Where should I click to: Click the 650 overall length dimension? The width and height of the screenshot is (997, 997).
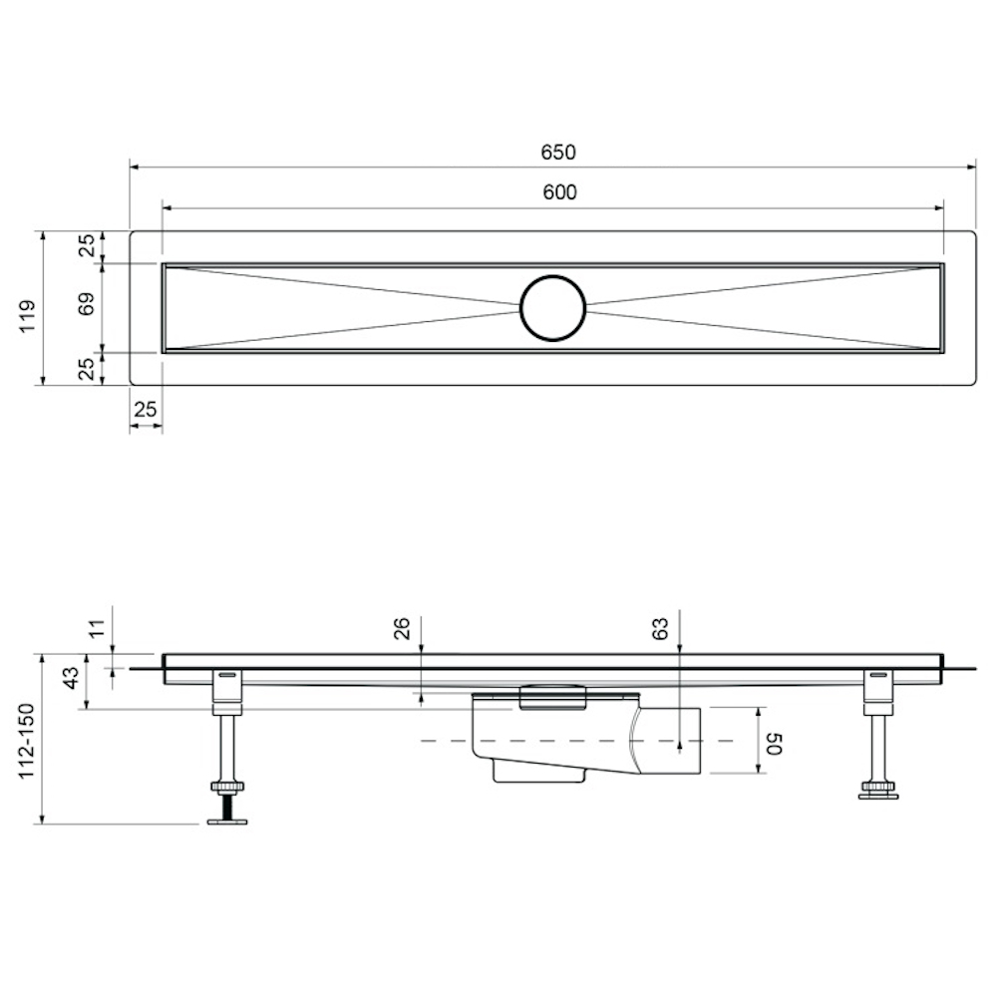tap(558, 153)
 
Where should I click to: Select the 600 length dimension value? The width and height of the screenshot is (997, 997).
tap(559, 192)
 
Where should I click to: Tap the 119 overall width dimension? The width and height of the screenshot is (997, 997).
tap(27, 316)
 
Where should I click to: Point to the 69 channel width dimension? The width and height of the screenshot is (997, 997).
tap(87, 303)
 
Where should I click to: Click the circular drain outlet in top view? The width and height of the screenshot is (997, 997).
tap(552, 308)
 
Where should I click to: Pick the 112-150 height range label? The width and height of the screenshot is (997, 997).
tap(27, 742)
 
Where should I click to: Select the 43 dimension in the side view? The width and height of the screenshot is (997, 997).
tap(72, 677)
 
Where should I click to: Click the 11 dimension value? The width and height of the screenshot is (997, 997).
tap(96, 629)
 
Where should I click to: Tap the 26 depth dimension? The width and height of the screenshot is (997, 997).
tap(403, 628)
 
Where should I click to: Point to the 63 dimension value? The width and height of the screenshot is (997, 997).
tap(660, 628)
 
